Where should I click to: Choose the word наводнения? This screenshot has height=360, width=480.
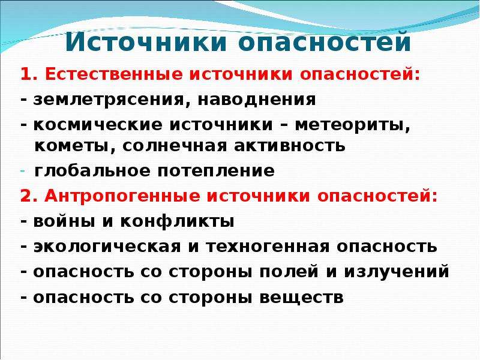(x=257, y=100)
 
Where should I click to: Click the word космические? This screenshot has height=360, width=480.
(x=98, y=125)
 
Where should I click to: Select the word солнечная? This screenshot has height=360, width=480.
(x=175, y=146)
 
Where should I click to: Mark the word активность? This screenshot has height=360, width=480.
(x=290, y=146)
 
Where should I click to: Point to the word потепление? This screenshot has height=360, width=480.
(x=216, y=171)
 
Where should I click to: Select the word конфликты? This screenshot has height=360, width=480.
(x=177, y=221)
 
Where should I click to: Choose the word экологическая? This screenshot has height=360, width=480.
(x=107, y=247)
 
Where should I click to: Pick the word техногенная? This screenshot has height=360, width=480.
(x=268, y=247)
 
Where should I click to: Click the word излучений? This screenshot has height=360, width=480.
(x=397, y=271)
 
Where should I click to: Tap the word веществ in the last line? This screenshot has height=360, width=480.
(x=302, y=297)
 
